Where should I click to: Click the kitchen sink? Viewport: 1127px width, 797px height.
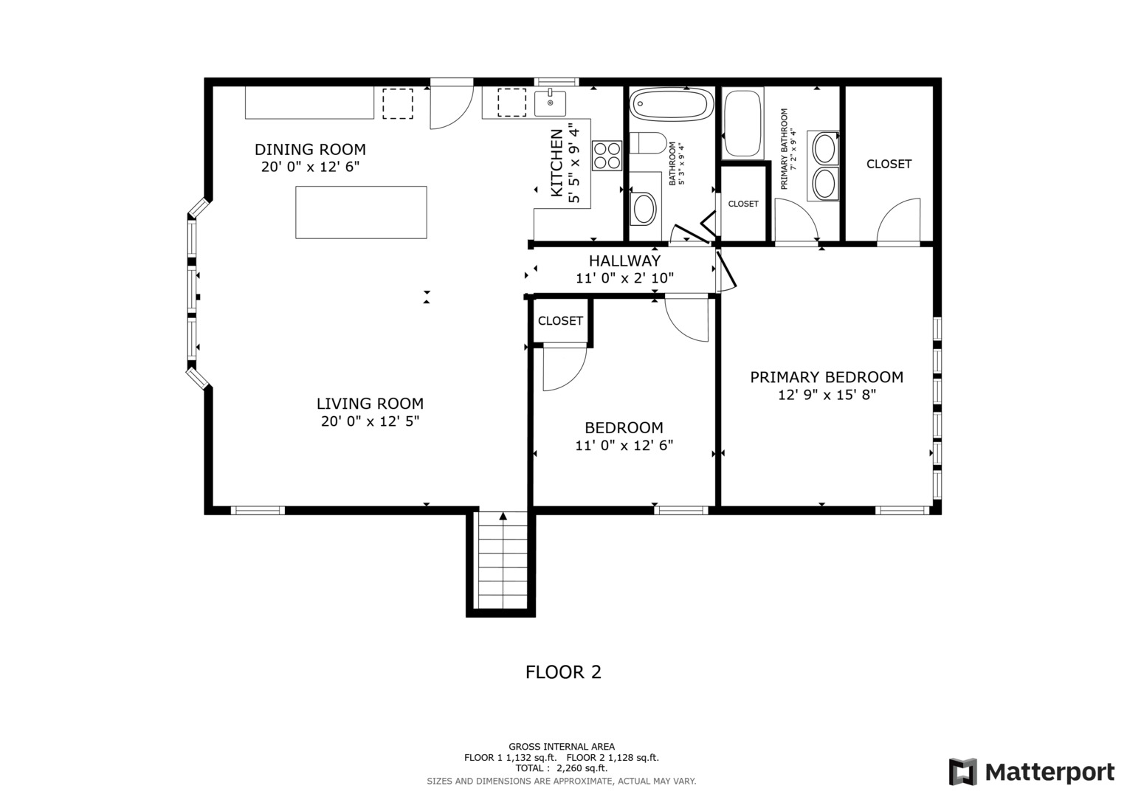[x=550, y=103]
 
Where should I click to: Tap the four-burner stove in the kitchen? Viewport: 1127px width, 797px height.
[x=607, y=156]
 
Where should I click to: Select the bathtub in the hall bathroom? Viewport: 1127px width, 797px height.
[x=671, y=104]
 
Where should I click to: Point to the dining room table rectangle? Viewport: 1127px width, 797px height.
[x=361, y=213]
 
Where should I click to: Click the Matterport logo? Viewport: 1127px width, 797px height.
[x=1031, y=772]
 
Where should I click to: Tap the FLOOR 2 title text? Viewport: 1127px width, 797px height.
[x=564, y=672]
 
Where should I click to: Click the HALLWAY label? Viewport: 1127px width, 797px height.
[x=625, y=261]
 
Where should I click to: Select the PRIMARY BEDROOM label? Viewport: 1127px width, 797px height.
[x=827, y=377]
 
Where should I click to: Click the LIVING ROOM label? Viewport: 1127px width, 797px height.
[x=370, y=404]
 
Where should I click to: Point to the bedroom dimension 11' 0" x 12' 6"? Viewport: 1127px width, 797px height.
[x=624, y=445]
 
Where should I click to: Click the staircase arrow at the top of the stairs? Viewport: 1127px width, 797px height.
[x=503, y=516]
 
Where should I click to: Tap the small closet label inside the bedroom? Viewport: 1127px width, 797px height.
[x=560, y=320]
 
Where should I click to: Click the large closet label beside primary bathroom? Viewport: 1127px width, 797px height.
[x=889, y=164]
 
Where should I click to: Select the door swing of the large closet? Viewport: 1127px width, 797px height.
[x=899, y=221]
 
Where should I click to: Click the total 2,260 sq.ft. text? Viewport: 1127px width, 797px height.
[x=562, y=768]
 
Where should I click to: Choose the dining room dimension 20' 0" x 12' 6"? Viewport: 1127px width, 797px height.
[x=311, y=167]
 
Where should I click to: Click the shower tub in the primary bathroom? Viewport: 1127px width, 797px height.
[x=742, y=124]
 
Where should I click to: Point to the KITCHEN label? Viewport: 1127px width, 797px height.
[x=557, y=162]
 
